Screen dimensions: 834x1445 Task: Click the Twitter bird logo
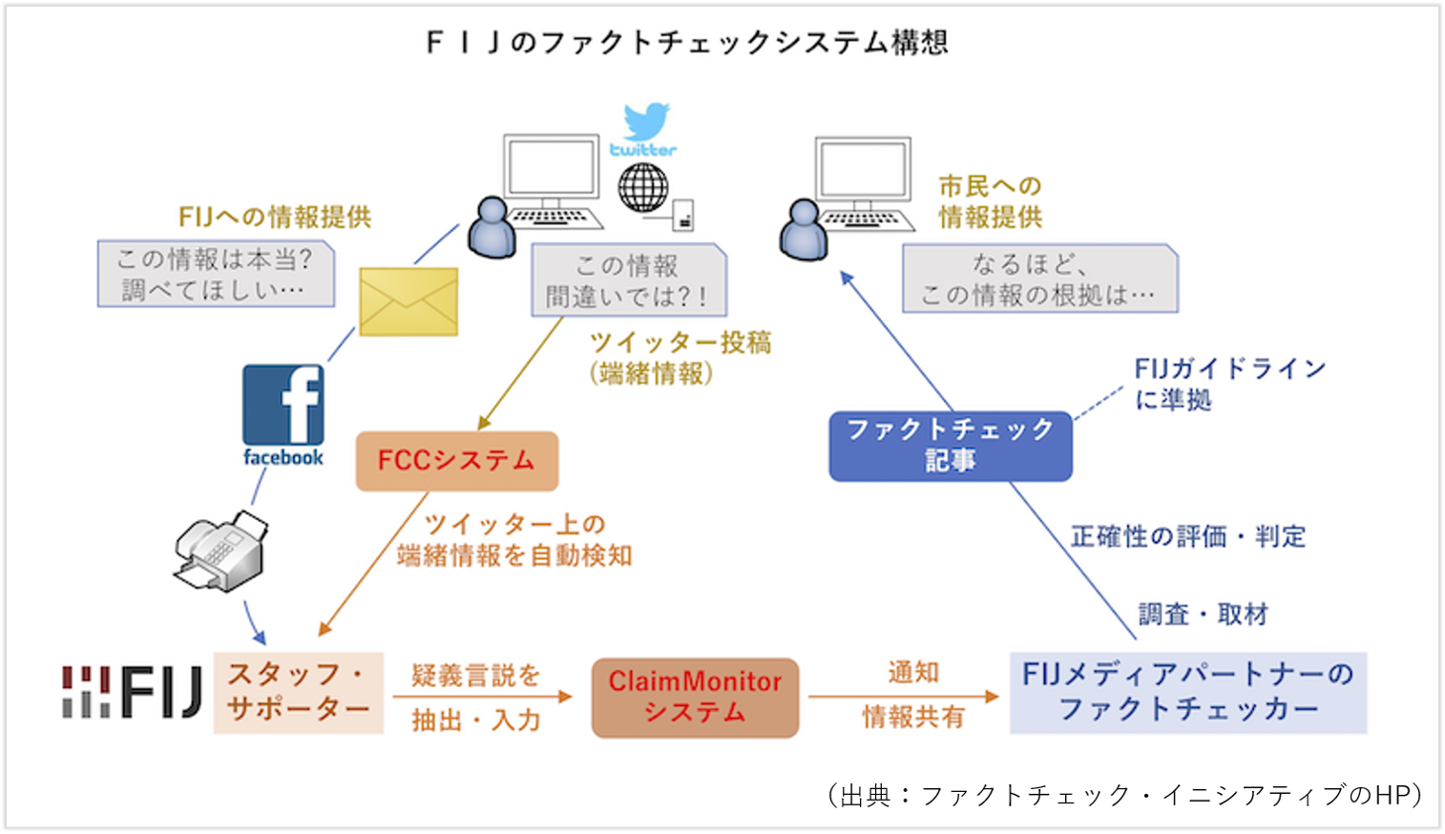646,122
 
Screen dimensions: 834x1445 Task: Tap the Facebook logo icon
283,406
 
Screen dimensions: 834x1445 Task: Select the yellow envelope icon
408,302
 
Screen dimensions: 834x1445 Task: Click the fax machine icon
220,549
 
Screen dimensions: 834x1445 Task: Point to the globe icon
642,187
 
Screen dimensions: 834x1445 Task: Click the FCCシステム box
456,461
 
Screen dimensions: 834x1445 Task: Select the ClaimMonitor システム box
695,698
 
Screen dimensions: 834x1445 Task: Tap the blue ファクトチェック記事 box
951,446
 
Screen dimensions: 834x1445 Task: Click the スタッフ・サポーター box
299,693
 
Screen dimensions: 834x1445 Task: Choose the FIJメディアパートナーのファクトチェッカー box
1188,693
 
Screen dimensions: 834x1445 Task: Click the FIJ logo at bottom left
133,693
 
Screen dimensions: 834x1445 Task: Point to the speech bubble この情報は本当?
216,274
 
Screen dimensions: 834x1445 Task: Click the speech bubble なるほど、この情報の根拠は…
1040,279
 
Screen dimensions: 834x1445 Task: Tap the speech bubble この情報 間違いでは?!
628,281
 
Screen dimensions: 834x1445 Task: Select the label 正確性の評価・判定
1187,536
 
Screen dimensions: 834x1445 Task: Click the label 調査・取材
1203,615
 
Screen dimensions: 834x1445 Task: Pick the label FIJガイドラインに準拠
1229,384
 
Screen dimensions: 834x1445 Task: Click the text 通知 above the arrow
913,673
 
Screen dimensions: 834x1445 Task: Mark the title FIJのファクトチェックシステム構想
686,43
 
